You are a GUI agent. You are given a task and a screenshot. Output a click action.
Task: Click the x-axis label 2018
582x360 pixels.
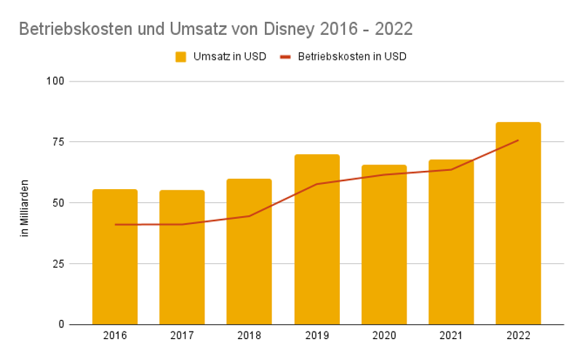(249, 336)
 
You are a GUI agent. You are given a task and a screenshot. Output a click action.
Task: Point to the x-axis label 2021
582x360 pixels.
(451, 336)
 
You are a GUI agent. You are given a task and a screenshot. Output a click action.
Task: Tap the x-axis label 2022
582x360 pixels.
(518, 336)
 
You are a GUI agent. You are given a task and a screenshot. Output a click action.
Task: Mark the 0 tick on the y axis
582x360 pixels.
(62, 324)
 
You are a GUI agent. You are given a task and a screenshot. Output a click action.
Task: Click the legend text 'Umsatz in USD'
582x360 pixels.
(229, 57)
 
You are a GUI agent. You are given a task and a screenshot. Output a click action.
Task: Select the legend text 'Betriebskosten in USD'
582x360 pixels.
(352, 57)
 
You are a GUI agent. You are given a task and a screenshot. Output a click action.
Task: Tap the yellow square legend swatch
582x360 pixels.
(181, 57)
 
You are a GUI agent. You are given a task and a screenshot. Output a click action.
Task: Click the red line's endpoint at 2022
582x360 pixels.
(518, 140)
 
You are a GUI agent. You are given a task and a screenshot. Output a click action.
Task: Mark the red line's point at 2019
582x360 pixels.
(316, 184)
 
